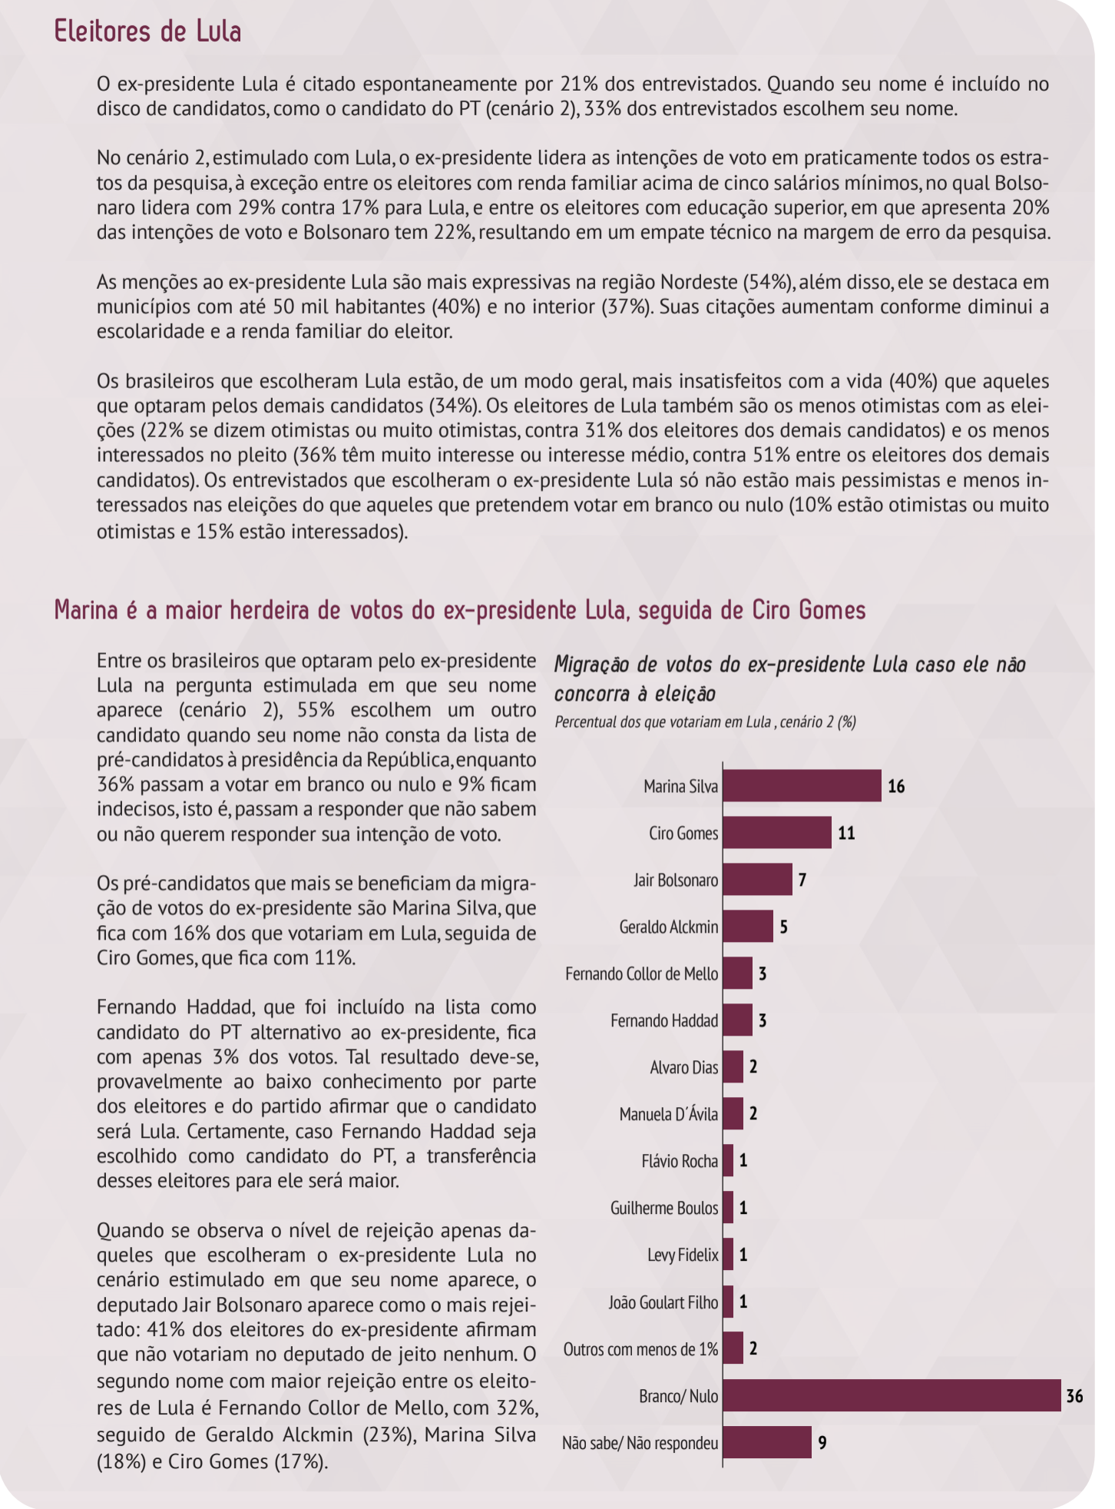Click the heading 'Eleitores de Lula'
tap(147, 32)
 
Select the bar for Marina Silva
tap(802, 785)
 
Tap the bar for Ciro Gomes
tap(776, 833)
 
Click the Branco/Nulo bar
tap(892, 1395)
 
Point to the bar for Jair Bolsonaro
tap(757, 880)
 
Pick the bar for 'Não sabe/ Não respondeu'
tap(766, 1442)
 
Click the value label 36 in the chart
tap(1074, 1396)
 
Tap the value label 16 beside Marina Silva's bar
tap(896, 786)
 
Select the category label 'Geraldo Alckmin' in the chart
tap(669, 927)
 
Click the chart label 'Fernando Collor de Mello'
tap(642, 974)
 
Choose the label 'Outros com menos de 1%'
tap(641, 1349)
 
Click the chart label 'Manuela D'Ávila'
tap(669, 1114)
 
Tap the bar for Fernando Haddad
tap(737, 1020)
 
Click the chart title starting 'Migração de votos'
tap(789, 678)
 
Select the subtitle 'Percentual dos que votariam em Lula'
tap(705, 722)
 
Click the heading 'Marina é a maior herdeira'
tap(459, 610)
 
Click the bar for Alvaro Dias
tap(733, 1067)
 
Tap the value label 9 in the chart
tap(822, 1443)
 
